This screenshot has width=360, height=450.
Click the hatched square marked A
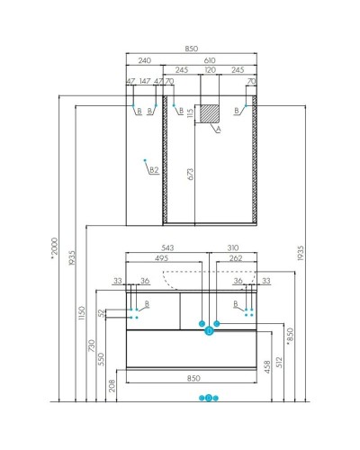(x=209, y=114)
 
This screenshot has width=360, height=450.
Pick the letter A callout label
(x=217, y=130)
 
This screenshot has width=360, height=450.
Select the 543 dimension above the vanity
(x=168, y=247)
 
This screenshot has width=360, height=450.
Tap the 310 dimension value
(x=233, y=247)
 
